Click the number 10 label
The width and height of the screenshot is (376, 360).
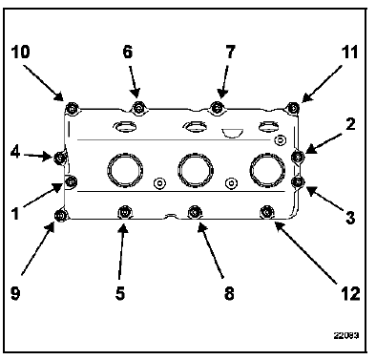point(21,52)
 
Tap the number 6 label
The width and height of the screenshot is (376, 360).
point(128,52)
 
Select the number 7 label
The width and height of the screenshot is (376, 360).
point(230,52)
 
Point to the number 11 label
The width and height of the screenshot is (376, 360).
point(349,52)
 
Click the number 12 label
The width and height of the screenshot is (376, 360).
point(350,293)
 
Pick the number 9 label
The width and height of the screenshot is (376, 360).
point(15,293)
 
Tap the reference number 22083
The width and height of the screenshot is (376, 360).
point(346,335)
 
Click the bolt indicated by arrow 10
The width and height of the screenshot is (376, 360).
point(73,108)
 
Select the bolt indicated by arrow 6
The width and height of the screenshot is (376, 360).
point(138,108)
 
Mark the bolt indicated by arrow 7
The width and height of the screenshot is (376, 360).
point(217,107)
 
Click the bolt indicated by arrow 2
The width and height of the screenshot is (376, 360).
point(298,157)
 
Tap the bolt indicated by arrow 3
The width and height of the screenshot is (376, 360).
point(298,181)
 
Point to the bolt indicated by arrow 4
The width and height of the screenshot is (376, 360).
point(60,157)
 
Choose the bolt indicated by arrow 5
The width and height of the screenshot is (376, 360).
point(124,212)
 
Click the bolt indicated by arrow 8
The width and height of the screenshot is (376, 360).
point(195,212)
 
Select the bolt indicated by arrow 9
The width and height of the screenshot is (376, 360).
point(61,216)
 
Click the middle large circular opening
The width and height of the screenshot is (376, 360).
point(196,170)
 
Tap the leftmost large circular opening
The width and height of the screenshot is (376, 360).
point(125,170)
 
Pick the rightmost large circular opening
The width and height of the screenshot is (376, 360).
point(267,170)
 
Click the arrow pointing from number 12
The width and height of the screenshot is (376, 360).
point(306,252)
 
